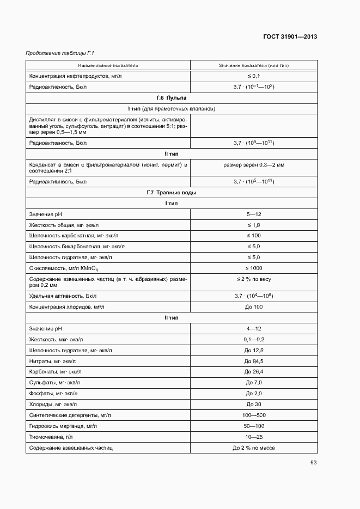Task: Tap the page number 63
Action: (x=313, y=463)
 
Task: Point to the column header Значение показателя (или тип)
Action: (x=254, y=65)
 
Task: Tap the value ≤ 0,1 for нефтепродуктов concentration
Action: (x=254, y=76)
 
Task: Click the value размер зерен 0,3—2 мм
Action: (x=254, y=164)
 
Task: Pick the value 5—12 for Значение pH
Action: (x=254, y=214)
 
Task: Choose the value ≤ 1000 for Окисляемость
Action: (x=254, y=268)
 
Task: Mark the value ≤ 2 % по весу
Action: (x=254, y=279)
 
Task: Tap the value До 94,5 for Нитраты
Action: (x=254, y=361)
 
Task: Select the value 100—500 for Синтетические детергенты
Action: (x=254, y=415)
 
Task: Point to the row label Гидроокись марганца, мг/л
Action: (x=63, y=426)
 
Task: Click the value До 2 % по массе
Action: (x=254, y=447)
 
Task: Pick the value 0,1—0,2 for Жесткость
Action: (x=254, y=339)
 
